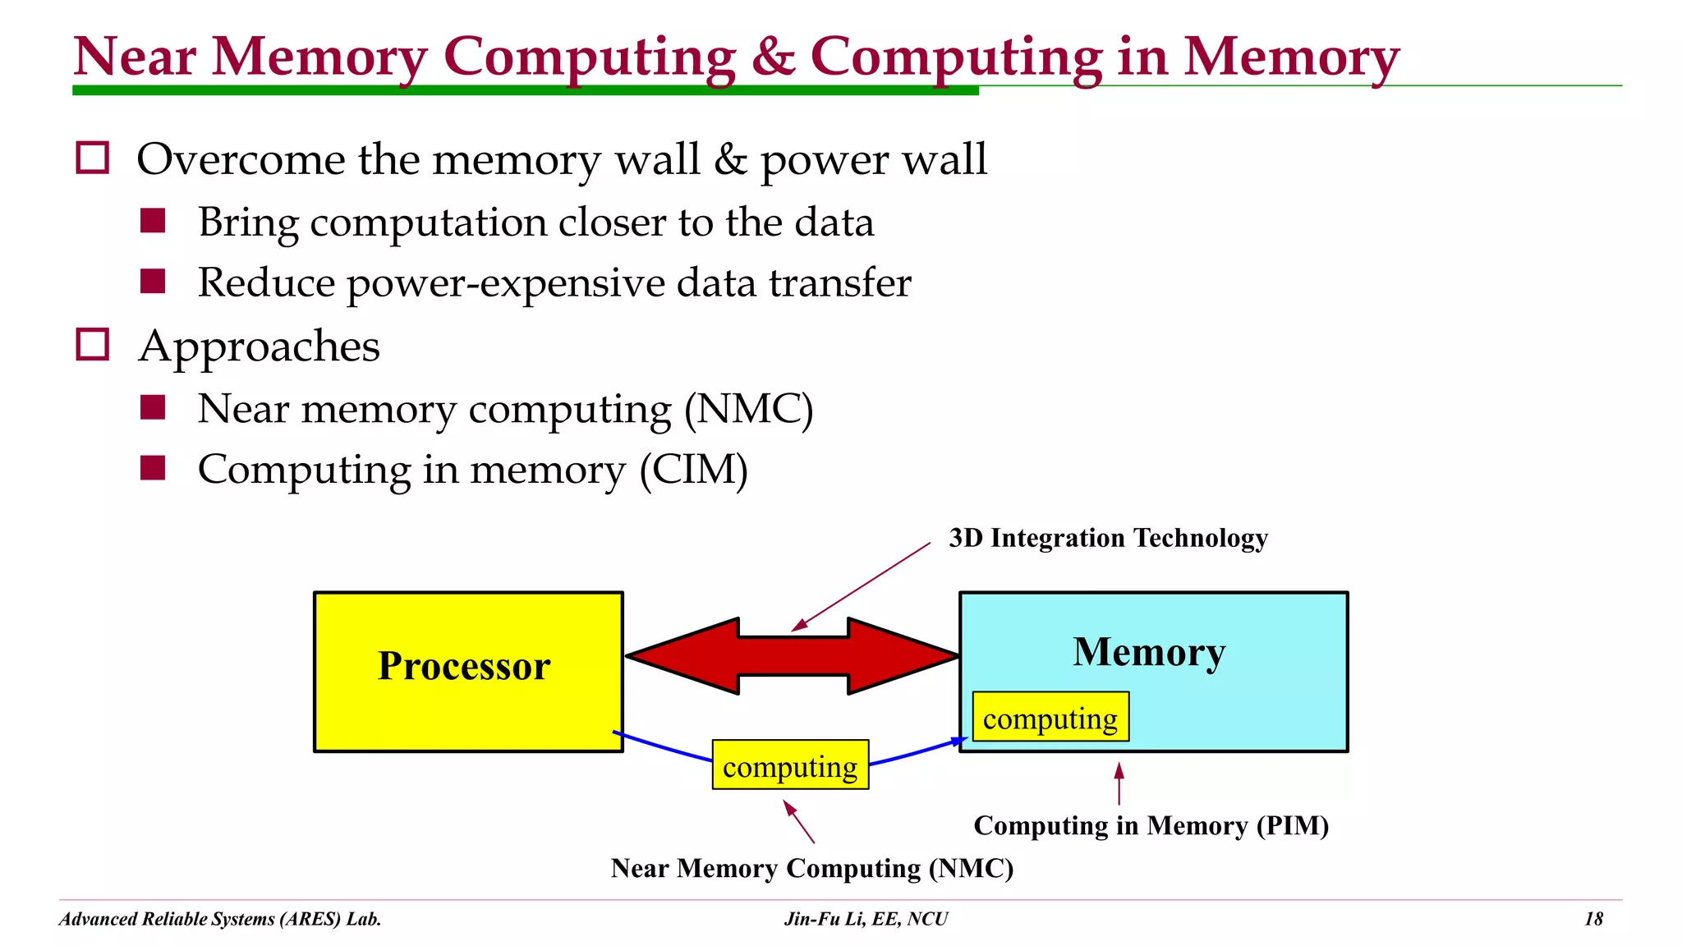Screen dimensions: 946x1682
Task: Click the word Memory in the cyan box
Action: pyautogui.click(x=1148, y=652)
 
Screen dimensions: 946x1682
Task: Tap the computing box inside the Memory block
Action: pyautogui.click(x=1050, y=717)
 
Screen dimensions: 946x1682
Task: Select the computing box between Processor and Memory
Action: pyautogui.click(x=789, y=765)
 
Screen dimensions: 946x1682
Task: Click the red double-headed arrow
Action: pyautogui.click(x=793, y=656)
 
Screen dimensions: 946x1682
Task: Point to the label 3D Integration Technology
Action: pyautogui.click(x=1107, y=538)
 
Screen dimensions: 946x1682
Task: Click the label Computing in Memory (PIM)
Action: pyautogui.click(x=1150, y=825)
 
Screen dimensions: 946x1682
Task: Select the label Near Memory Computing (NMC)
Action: pyautogui.click(x=811, y=868)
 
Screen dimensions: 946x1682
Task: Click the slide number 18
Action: pyautogui.click(x=1592, y=919)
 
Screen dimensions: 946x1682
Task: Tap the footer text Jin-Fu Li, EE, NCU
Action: pyautogui.click(x=866, y=919)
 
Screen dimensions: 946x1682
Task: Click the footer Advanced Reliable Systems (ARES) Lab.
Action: pyautogui.click(x=220, y=919)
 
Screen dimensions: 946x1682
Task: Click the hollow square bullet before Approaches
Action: pyautogui.click(x=92, y=345)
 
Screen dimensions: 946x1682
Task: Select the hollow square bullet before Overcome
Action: pyautogui.click(x=92, y=158)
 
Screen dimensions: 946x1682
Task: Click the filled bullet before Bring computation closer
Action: pyautogui.click(x=153, y=221)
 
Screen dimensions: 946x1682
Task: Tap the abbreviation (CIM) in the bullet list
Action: pyautogui.click(x=694, y=470)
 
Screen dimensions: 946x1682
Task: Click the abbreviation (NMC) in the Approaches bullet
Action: pyautogui.click(x=748, y=409)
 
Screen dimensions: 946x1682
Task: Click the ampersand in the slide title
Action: pyautogui.click(x=772, y=57)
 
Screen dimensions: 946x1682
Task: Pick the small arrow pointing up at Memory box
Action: pyautogui.click(x=1119, y=783)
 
